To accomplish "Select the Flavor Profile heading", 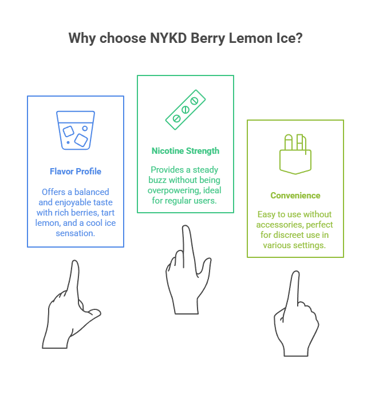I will coord(76,171).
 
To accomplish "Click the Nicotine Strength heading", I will coord(185,151).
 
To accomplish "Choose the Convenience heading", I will coord(295,196).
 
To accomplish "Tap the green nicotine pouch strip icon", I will coord(185,109).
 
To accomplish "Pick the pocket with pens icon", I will coord(295,153).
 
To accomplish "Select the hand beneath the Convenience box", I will coord(295,315).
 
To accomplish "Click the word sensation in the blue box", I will coord(75,233).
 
